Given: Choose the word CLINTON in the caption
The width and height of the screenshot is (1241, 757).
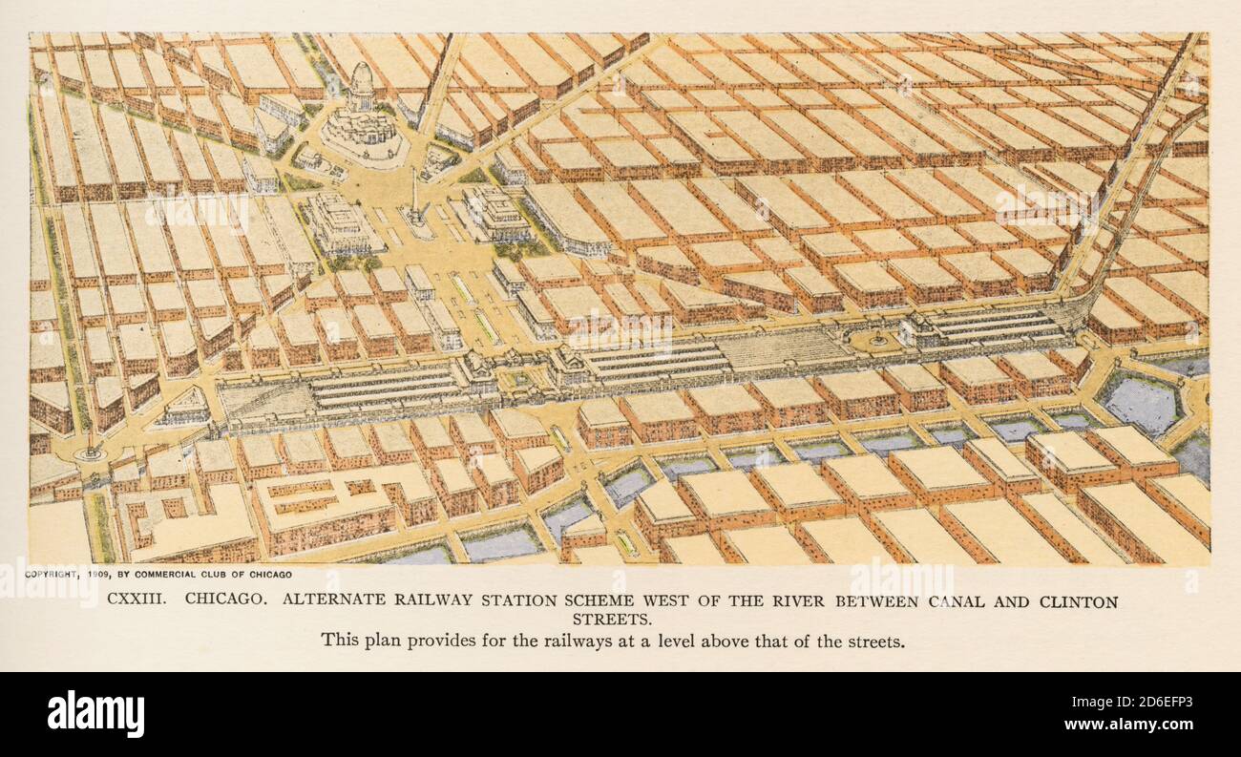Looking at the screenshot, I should tap(1075, 601).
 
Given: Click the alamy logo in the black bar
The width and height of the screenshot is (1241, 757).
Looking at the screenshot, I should tap(95, 714).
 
